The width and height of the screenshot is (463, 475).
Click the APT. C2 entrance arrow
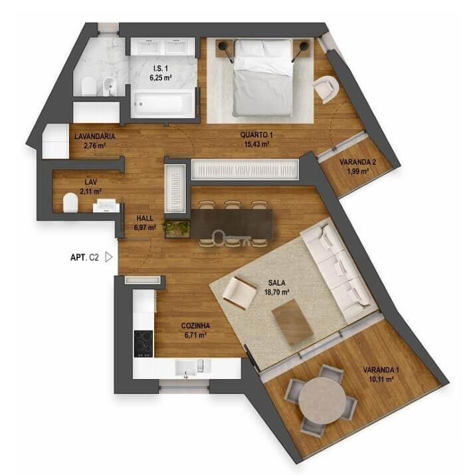(108, 257)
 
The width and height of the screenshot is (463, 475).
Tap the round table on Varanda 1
(322, 400)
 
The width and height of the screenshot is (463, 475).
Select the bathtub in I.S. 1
(163, 104)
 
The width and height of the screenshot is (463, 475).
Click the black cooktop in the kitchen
(143, 343)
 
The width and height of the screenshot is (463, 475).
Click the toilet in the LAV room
(70, 202)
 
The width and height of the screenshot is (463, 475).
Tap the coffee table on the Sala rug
(292, 321)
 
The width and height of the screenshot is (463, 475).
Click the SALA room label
(276, 283)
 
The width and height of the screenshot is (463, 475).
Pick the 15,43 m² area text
(257, 144)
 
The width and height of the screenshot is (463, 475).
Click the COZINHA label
(195, 326)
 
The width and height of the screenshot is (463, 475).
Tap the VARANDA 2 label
(358, 162)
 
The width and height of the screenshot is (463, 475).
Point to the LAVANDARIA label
(94, 136)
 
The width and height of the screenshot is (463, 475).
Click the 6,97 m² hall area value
(145, 228)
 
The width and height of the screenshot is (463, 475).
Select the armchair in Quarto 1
(326, 88)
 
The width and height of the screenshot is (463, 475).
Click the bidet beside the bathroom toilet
(109, 86)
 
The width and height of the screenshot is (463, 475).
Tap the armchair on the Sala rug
(240, 292)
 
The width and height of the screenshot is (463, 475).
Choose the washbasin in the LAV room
(106, 205)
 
